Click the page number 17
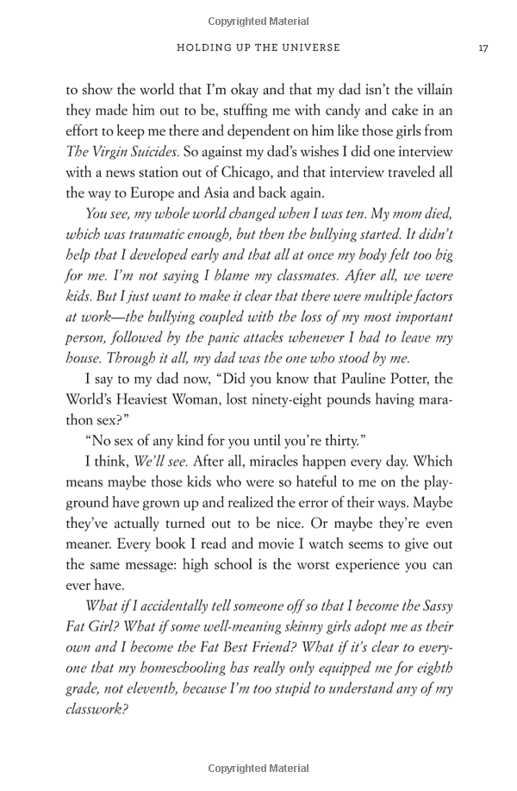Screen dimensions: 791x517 click(483, 48)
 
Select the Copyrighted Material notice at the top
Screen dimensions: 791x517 click(258, 19)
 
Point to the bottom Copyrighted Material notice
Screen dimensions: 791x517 click(258, 769)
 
